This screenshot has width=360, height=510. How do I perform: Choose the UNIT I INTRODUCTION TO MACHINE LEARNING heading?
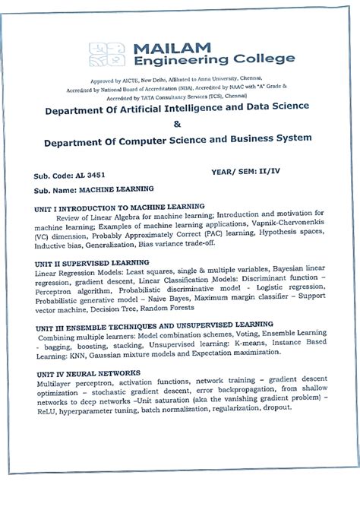(119, 206)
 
